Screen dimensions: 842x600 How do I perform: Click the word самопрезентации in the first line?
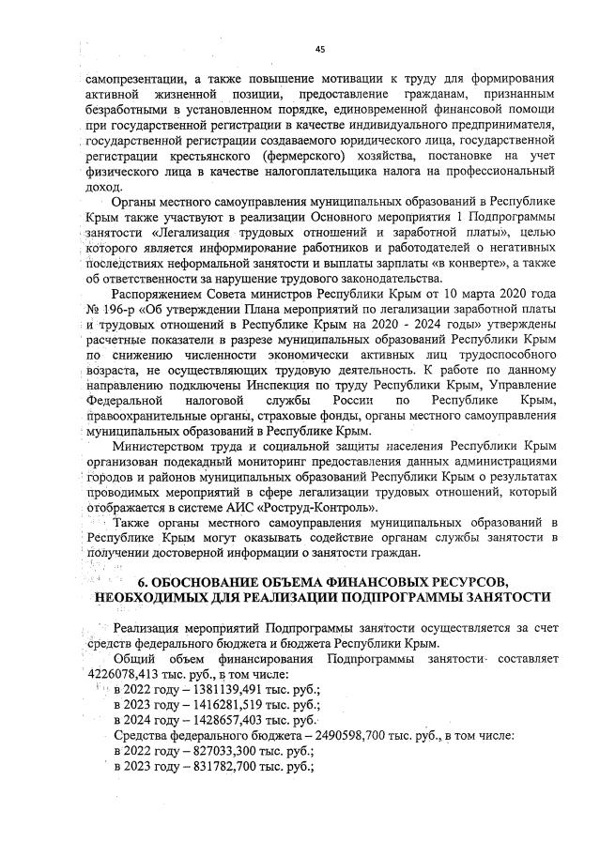127,80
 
